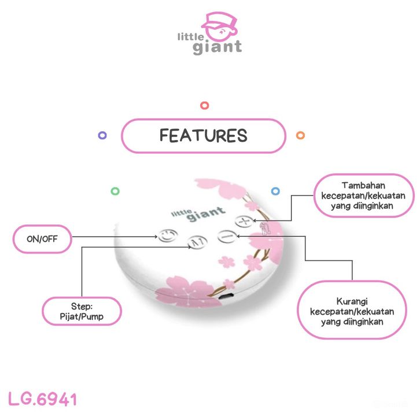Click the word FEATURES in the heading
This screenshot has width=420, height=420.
203,135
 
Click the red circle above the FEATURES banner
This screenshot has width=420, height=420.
204,105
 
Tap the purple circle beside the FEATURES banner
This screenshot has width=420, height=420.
102,135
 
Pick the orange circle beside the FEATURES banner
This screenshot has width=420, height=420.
300,135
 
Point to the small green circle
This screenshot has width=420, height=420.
115,190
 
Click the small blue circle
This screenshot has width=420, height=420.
275,190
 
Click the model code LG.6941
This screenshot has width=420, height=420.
43,399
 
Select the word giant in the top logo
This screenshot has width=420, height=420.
217,47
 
